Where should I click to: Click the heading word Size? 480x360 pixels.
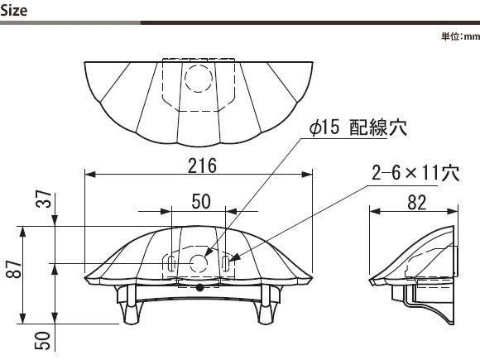pyautogui.click(x=14, y=11)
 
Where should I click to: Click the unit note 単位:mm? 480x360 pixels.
pyautogui.click(x=460, y=36)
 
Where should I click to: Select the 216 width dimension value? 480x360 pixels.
pyautogui.click(x=202, y=166)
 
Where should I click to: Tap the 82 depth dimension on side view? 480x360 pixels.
pyautogui.click(x=417, y=203)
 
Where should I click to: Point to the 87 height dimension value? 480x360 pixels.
pyautogui.click(x=14, y=270)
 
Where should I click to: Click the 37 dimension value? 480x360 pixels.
pyautogui.click(x=44, y=199)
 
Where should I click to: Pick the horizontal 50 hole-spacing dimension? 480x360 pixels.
pyautogui.click(x=201, y=201)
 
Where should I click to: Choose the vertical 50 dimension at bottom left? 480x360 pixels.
pyautogui.click(x=42, y=340)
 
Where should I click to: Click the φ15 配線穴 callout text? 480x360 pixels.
pyautogui.click(x=358, y=127)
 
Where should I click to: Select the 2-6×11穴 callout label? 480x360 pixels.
pyautogui.click(x=415, y=173)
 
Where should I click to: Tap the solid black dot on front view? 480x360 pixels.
pyautogui.click(x=200, y=287)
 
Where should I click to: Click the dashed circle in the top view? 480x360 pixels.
pyautogui.click(x=199, y=78)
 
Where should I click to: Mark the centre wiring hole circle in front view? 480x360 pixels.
pyautogui.click(x=199, y=263)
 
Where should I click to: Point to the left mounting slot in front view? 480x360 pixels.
pyautogui.click(x=171, y=263)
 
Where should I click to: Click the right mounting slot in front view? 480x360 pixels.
pyautogui.click(x=225, y=263)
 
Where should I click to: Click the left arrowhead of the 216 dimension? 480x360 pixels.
pyautogui.click(x=89, y=175)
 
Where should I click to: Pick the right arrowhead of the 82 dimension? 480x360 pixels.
pyautogui.click(x=453, y=211)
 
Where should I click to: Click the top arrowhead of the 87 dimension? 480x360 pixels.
pyautogui.click(x=22, y=232)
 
